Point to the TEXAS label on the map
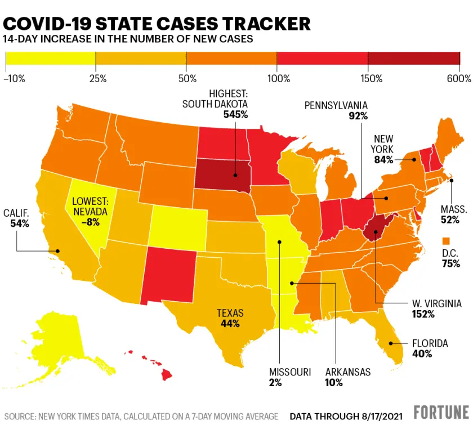click(230, 313)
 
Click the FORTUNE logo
click(441, 413)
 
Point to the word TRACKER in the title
click(263, 24)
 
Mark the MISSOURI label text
click(289, 372)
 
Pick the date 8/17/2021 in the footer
click(380, 416)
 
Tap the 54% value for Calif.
click(20, 223)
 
